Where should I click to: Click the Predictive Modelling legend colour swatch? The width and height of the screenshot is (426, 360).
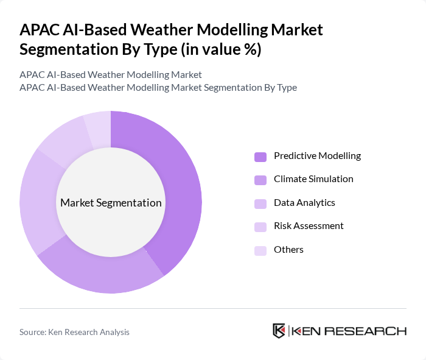(260, 157)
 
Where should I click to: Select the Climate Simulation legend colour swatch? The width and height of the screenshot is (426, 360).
(260, 180)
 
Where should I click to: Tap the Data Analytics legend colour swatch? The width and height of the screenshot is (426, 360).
(260, 203)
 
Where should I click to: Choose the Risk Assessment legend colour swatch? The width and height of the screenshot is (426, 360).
(260, 227)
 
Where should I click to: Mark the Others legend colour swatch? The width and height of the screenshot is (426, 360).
(260, 250)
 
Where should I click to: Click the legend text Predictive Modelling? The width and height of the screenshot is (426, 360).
(317, 156)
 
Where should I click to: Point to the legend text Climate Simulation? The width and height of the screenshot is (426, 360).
(313, 179)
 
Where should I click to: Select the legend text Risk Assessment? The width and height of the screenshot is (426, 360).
(309, 226)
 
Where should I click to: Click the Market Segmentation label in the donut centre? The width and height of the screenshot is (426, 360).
(111, 203)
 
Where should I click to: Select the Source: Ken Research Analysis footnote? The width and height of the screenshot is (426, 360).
(74, 332)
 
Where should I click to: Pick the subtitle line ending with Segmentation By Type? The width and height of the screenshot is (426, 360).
(158, 87)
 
